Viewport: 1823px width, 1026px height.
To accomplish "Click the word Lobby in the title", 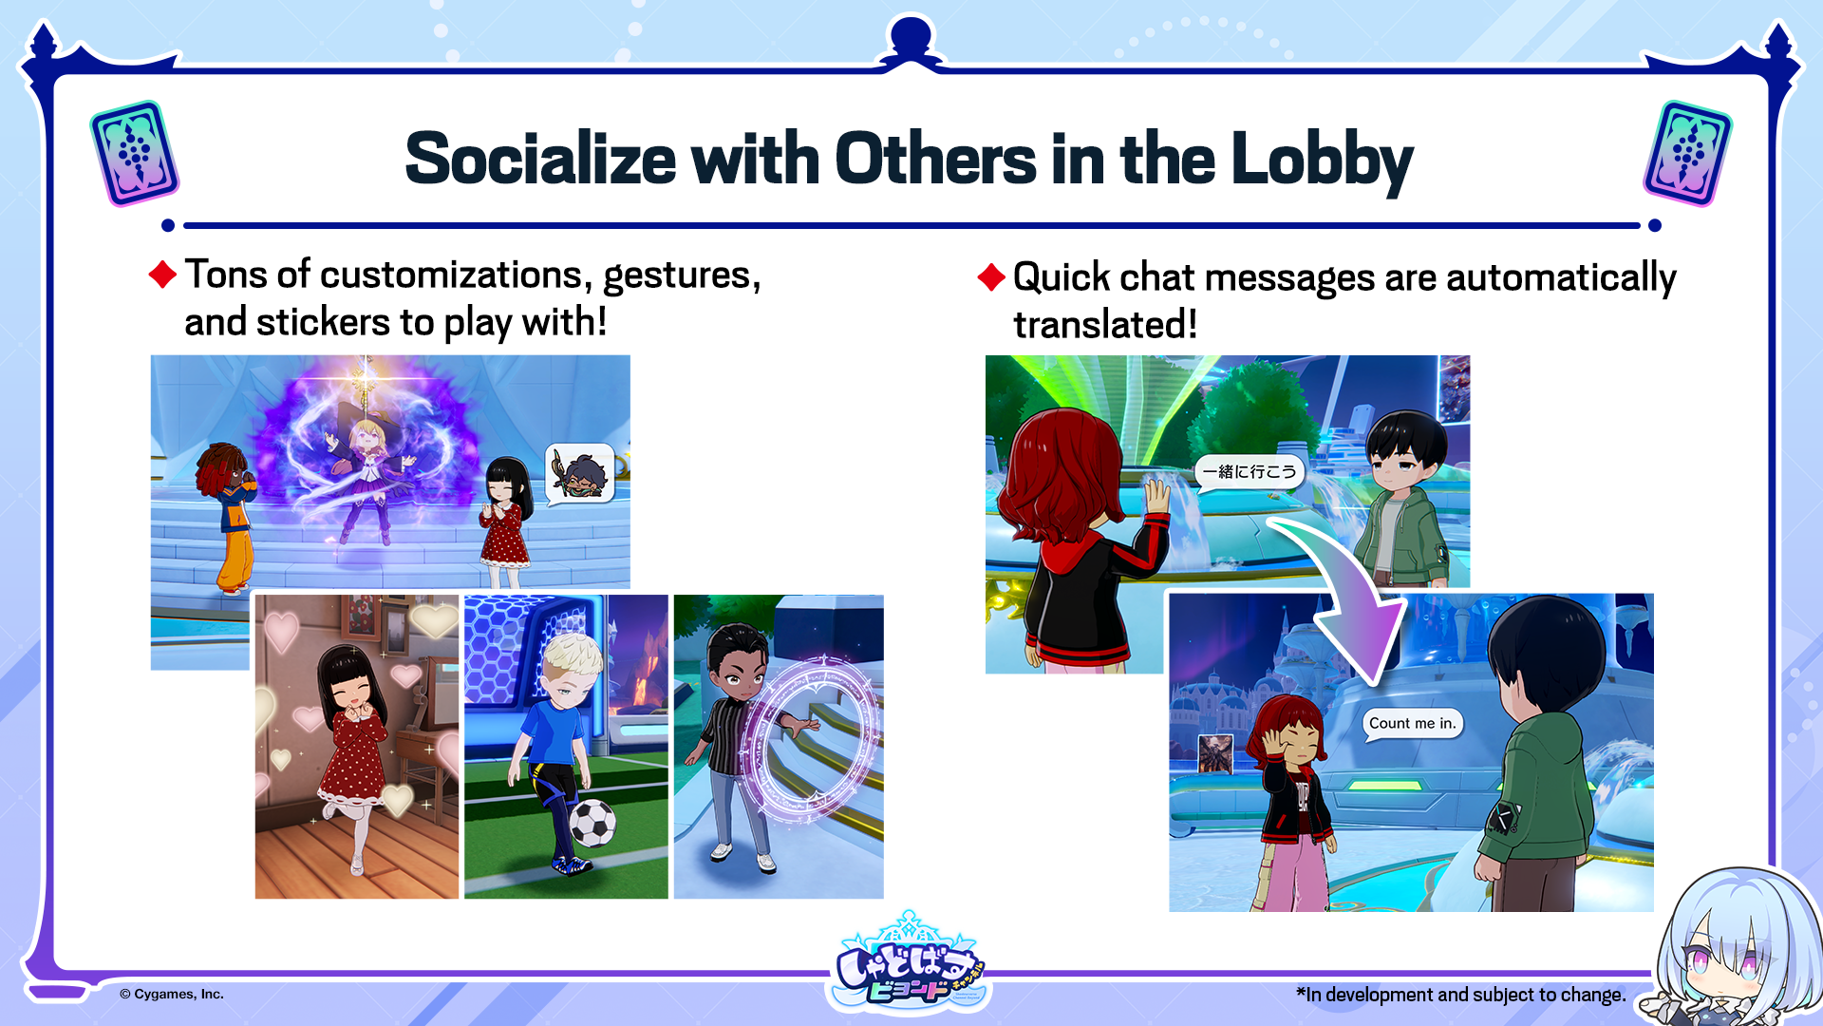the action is pos(1322,160).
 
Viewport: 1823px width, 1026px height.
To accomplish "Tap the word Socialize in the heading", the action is pos(540,158).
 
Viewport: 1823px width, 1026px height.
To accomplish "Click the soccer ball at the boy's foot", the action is pos(592,823).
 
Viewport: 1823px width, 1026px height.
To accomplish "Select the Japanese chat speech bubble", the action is pos(1250,472).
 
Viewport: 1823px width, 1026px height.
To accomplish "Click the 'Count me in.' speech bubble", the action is pos(1412,724).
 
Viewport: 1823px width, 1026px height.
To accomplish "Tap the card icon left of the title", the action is pos(134,153).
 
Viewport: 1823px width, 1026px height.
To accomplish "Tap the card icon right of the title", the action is pos(1687,153).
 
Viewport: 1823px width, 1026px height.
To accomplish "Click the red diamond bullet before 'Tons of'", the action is pos(163,275).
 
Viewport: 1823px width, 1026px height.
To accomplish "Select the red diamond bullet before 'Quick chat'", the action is pos(991,277).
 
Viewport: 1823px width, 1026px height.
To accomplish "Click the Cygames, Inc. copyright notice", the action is pos(172,994).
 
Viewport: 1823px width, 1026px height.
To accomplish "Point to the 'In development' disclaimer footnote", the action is pos(1460,995).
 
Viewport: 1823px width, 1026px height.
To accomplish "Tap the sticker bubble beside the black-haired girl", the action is pos(580,473).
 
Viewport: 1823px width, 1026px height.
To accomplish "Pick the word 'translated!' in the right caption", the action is pos(1105,325).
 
